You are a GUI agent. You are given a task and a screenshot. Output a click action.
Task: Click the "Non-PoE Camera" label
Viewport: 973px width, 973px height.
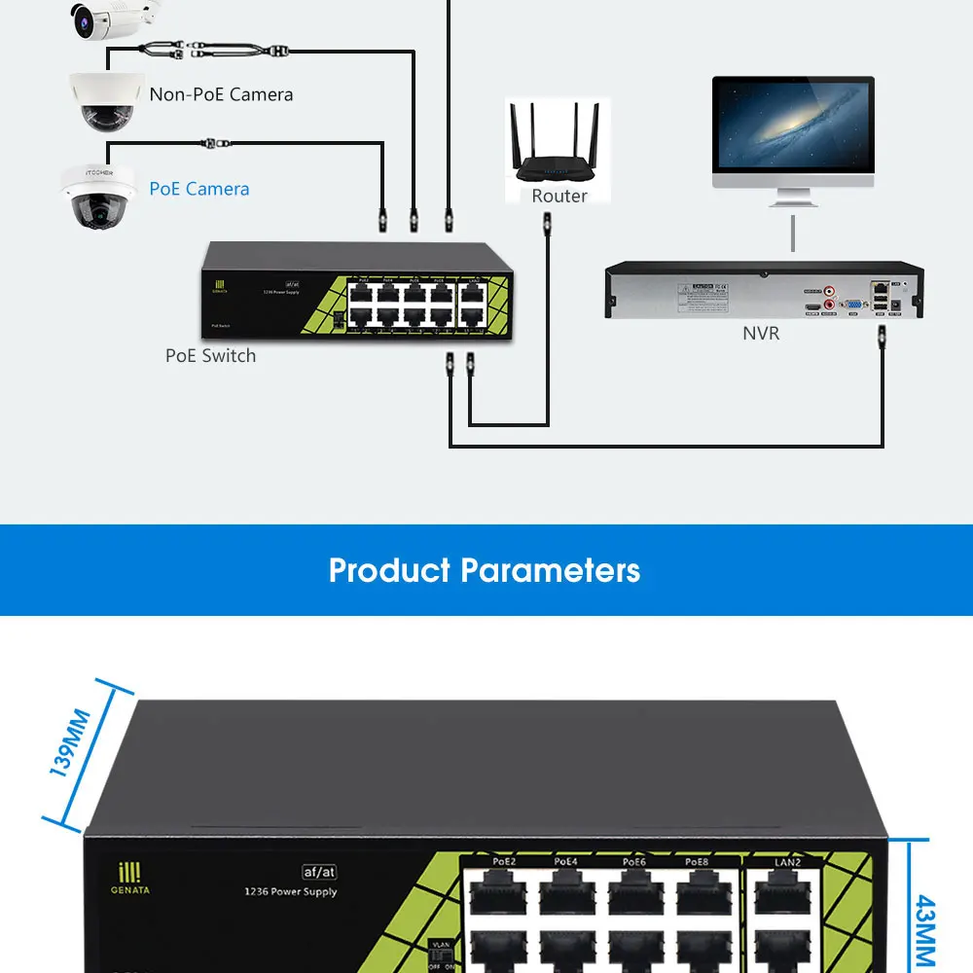click(221, 94)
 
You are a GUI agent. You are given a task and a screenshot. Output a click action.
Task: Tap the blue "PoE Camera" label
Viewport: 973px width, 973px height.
click(199, 189)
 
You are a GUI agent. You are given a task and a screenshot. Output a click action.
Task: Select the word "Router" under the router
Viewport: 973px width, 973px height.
click(559, 196)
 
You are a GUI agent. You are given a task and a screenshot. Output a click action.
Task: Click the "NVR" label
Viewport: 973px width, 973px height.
click(761, 334)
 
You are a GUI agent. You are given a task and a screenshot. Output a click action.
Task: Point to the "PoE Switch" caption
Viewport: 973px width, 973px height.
click(210, 356)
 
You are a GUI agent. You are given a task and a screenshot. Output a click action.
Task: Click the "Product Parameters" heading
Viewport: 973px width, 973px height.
click(485, 570)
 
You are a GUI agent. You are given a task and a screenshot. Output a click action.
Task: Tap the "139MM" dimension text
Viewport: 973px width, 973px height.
click(70, 744)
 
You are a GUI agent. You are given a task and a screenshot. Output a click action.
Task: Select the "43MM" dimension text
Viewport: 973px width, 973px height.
click(925, 929)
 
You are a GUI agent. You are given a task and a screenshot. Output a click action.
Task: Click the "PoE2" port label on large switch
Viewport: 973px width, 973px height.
click(504, 861)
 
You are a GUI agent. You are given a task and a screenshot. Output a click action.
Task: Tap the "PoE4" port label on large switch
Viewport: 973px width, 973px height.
click(566, 861)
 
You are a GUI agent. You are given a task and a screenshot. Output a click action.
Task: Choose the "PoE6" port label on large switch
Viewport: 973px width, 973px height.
click(633, 861)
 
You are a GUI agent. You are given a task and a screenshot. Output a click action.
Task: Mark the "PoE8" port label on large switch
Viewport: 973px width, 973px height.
click(697, 861)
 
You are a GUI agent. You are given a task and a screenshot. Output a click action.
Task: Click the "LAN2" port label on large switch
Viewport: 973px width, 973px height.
click(788, 861)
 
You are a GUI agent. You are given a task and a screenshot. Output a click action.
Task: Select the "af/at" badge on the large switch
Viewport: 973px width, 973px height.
click(318, 873)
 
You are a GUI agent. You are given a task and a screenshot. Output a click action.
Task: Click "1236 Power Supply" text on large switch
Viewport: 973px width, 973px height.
click(290, 891)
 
